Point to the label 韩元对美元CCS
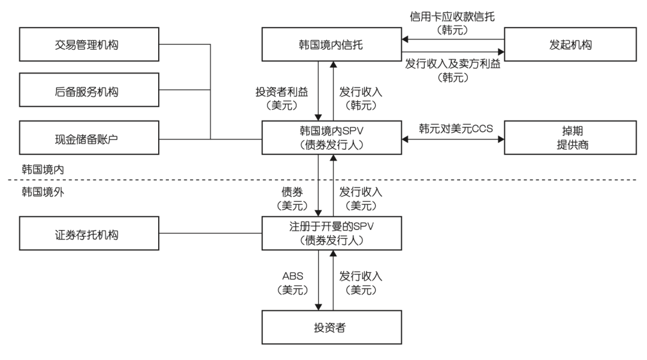pyautogui.click(x=453, y=128)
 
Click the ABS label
pyautogui.click(x=293, y=277)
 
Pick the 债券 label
pyautogui.click(x=293, y=192)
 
